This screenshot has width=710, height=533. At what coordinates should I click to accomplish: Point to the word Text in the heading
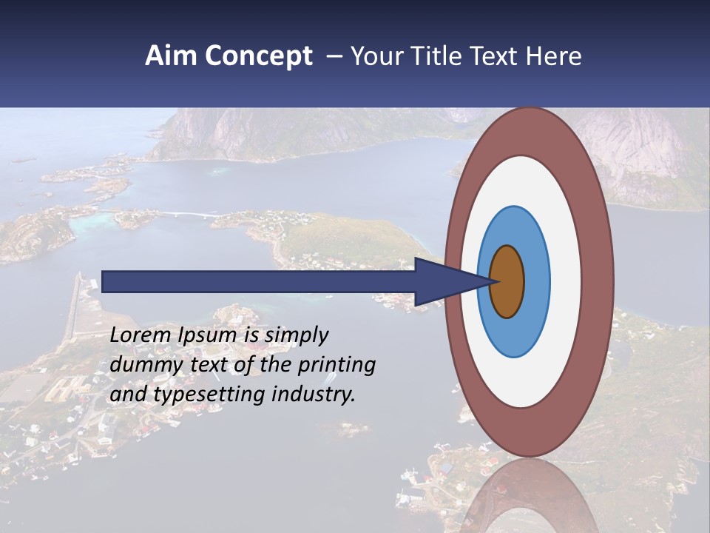[x=496, y=56]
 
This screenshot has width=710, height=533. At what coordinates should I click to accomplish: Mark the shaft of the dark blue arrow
[x=259, y=281]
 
